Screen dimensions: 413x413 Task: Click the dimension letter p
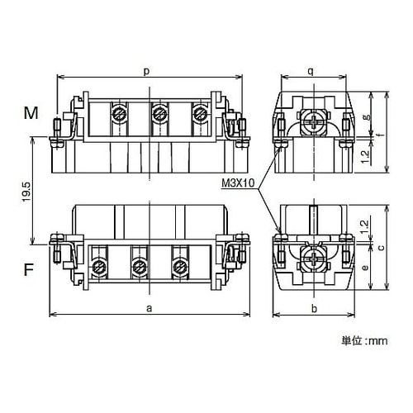[x=147, y=71]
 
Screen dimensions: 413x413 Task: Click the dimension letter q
[x=311, y=71]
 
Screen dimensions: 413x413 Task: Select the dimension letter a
[x=149, y=308]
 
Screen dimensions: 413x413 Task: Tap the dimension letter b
[x=314, y=308]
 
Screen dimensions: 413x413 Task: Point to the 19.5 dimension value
[x=26, y=192]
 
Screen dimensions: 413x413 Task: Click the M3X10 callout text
[x=239, y=183]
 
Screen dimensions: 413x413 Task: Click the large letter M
[x=31, y=113]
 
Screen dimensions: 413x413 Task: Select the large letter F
[x=29, y=269]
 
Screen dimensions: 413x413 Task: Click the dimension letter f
[x=381, y=135]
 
